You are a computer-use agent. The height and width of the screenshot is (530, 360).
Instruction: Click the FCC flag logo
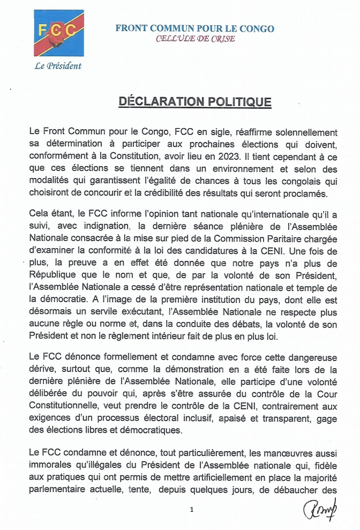click(x=58, y=33)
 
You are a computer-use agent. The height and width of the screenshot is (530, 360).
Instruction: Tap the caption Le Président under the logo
click(x=58, y=66)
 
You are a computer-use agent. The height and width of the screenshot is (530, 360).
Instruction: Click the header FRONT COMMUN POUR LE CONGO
click(x=194, y=28)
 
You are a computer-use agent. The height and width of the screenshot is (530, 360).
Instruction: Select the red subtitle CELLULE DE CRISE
click(x=195, y=39)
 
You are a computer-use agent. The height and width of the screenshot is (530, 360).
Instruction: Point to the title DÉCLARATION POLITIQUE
click(x=194, y=102)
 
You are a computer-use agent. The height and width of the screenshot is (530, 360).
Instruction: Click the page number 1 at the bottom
click(x=191, y=510)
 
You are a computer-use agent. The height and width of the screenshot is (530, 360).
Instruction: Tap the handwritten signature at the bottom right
click(x=319, y=510)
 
